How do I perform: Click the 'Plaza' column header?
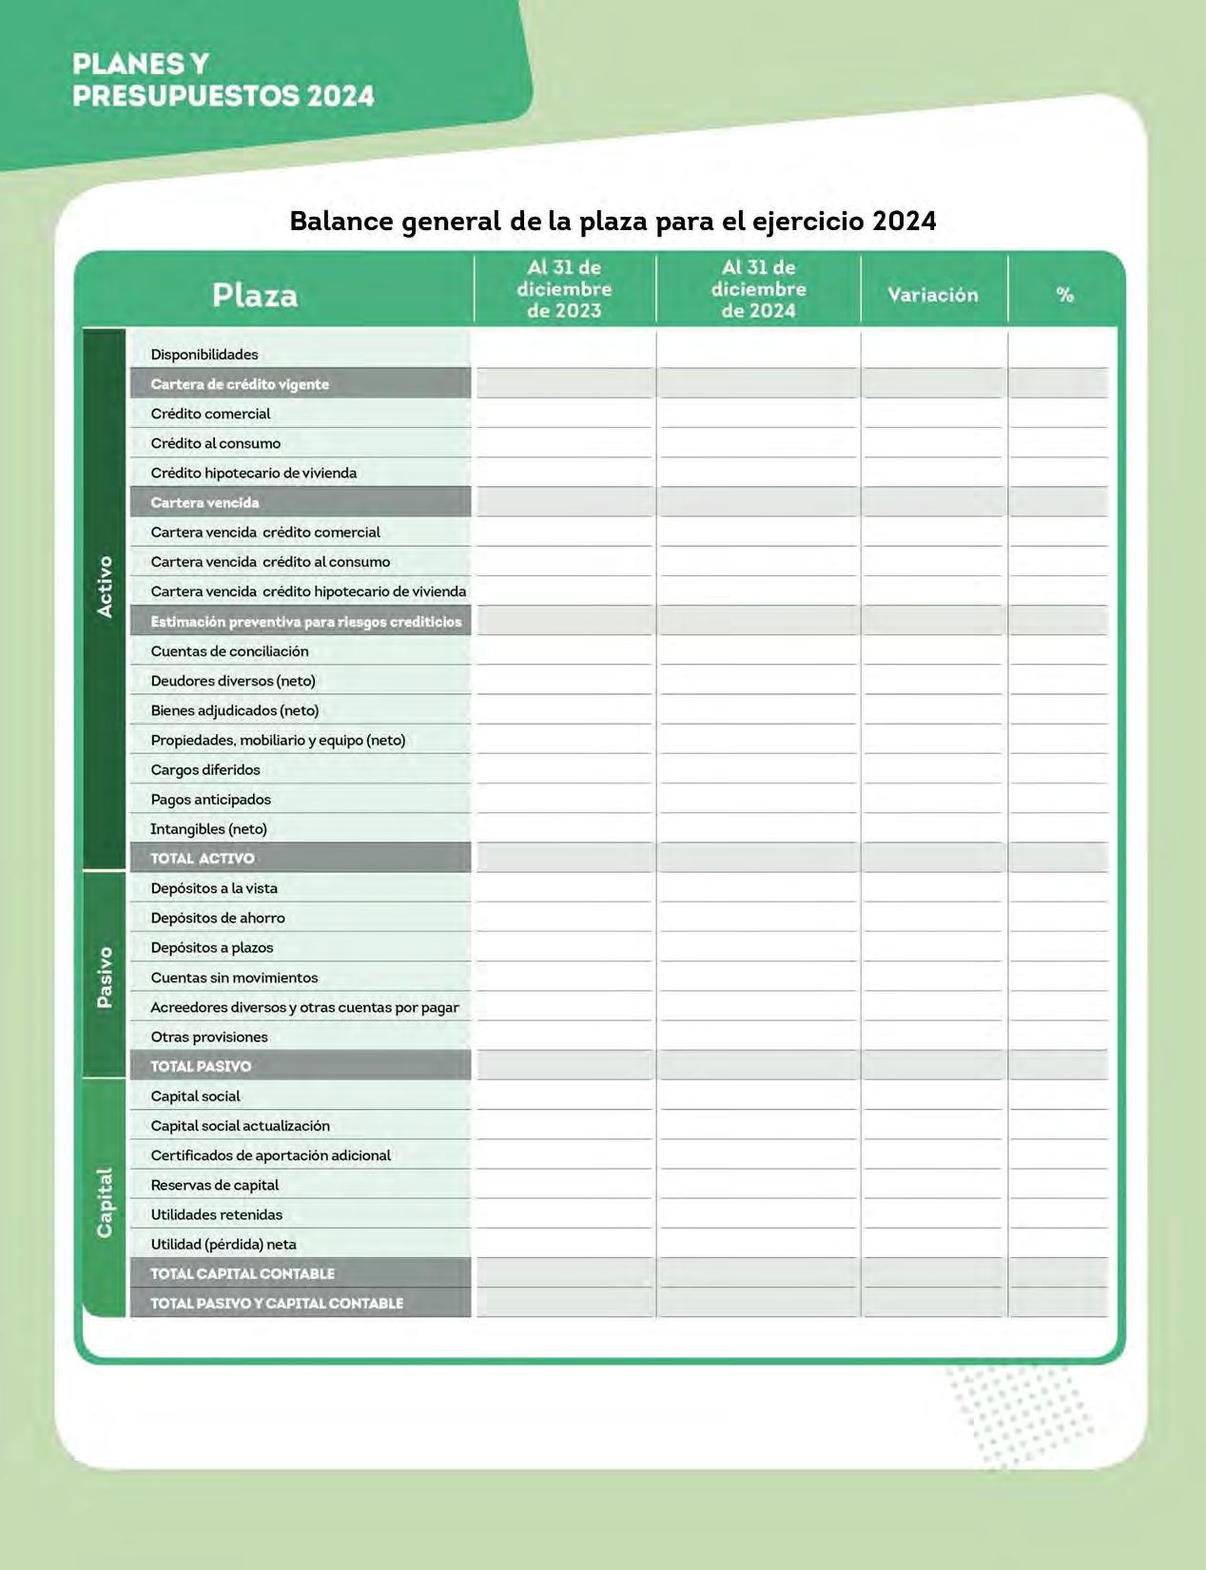tap(254, 295)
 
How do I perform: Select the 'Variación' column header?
tap(932, 295)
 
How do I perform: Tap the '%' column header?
tap(1064, 295)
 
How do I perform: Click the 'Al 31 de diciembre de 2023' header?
tap(564, 289)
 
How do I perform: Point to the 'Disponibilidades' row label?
tap(204, 355)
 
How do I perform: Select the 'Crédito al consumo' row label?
tap(216, 443)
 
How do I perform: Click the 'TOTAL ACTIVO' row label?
tap(203, 859)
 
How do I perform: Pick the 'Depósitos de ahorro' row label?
tap(218, 918)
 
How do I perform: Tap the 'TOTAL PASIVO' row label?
tap(201, 1066)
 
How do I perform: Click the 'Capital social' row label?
tap(195, 1096)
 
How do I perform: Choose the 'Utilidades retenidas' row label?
tap(217, 1214)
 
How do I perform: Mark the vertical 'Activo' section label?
tap(105, 587)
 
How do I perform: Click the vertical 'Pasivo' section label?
tap(105, 977)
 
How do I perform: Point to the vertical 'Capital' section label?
tap(105, 1202)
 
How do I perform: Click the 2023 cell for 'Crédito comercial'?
tap(565, 414)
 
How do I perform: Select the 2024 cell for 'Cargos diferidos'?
tap(758, 769)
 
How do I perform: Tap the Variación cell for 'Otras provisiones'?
tap(933, 1037)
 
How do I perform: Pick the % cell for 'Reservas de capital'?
tap(1059, 1185)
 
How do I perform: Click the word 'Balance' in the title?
tap(341, 222)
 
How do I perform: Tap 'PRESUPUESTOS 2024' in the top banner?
tap(224, 96)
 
